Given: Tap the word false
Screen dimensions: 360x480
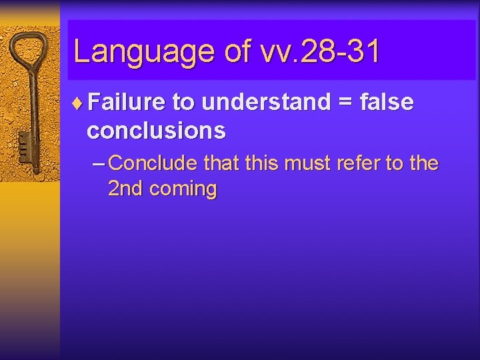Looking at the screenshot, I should click(x=387, y=102).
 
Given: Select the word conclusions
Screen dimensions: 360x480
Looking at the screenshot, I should click(x=156, y=131).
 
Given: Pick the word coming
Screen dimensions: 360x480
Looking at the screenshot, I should click(x=183, y=190).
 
